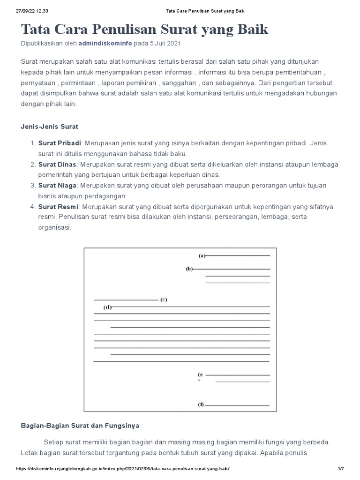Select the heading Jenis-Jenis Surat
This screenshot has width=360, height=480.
[50, 127]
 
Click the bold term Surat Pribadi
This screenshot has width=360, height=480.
[60, 142]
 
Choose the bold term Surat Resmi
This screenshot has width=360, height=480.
[58, 207]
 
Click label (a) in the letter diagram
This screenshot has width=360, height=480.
[202, 255]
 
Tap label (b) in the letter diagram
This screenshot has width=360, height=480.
[189, 269]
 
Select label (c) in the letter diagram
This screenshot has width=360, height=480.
[163, 300]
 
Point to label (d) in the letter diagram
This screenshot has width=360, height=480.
[107, 307]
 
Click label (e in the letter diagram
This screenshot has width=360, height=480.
[201, 375]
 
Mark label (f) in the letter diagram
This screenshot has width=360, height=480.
[201, 405]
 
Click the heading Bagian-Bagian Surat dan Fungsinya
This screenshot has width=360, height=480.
[80, 426]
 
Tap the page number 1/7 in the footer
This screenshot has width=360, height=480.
[341, 469]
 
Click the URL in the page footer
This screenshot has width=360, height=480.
[123, 469]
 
